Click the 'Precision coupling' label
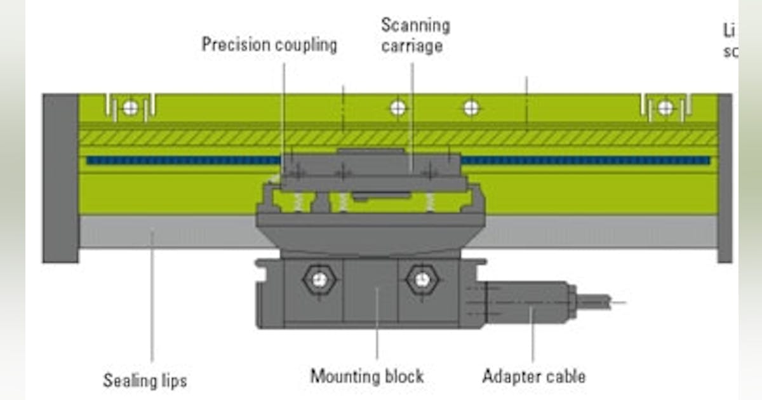click(269, 45)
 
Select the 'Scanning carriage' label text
click(415, 36)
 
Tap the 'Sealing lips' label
click(145, 380)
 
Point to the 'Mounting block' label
click(366, 376)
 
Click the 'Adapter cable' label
click(533, 376)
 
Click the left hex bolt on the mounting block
click(319, 279)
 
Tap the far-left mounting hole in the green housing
click(130, 108)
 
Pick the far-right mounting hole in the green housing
click(665, 108)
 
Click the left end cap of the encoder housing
click(60, 178)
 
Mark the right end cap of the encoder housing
click(725, 178)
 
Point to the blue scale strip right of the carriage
click(584, 161)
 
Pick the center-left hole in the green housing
click(398, 108)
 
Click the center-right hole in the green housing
click(471, 108)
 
